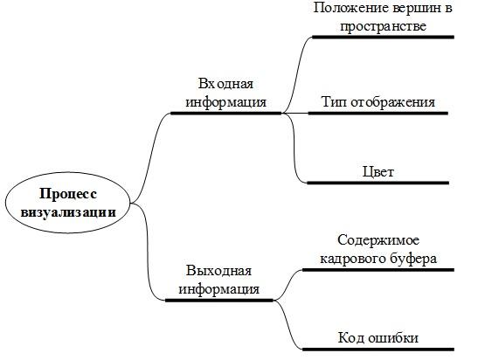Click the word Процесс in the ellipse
click(68, 194)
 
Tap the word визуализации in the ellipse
click(68, 212)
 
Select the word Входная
click(225, 84)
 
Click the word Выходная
click(218, 270)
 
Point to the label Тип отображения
click(378, 101)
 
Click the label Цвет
click(378, 171)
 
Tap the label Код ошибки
click(378, 338)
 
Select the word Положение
click(351, 8)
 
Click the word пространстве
click(383, 26)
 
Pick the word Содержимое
click(378, 240)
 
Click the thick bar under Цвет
click(378, 183)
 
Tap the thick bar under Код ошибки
click(378, 350)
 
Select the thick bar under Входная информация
click(225, 113)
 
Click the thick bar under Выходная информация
click(218, 301)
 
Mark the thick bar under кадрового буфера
click(378, 270)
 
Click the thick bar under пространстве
click(384, 38)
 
